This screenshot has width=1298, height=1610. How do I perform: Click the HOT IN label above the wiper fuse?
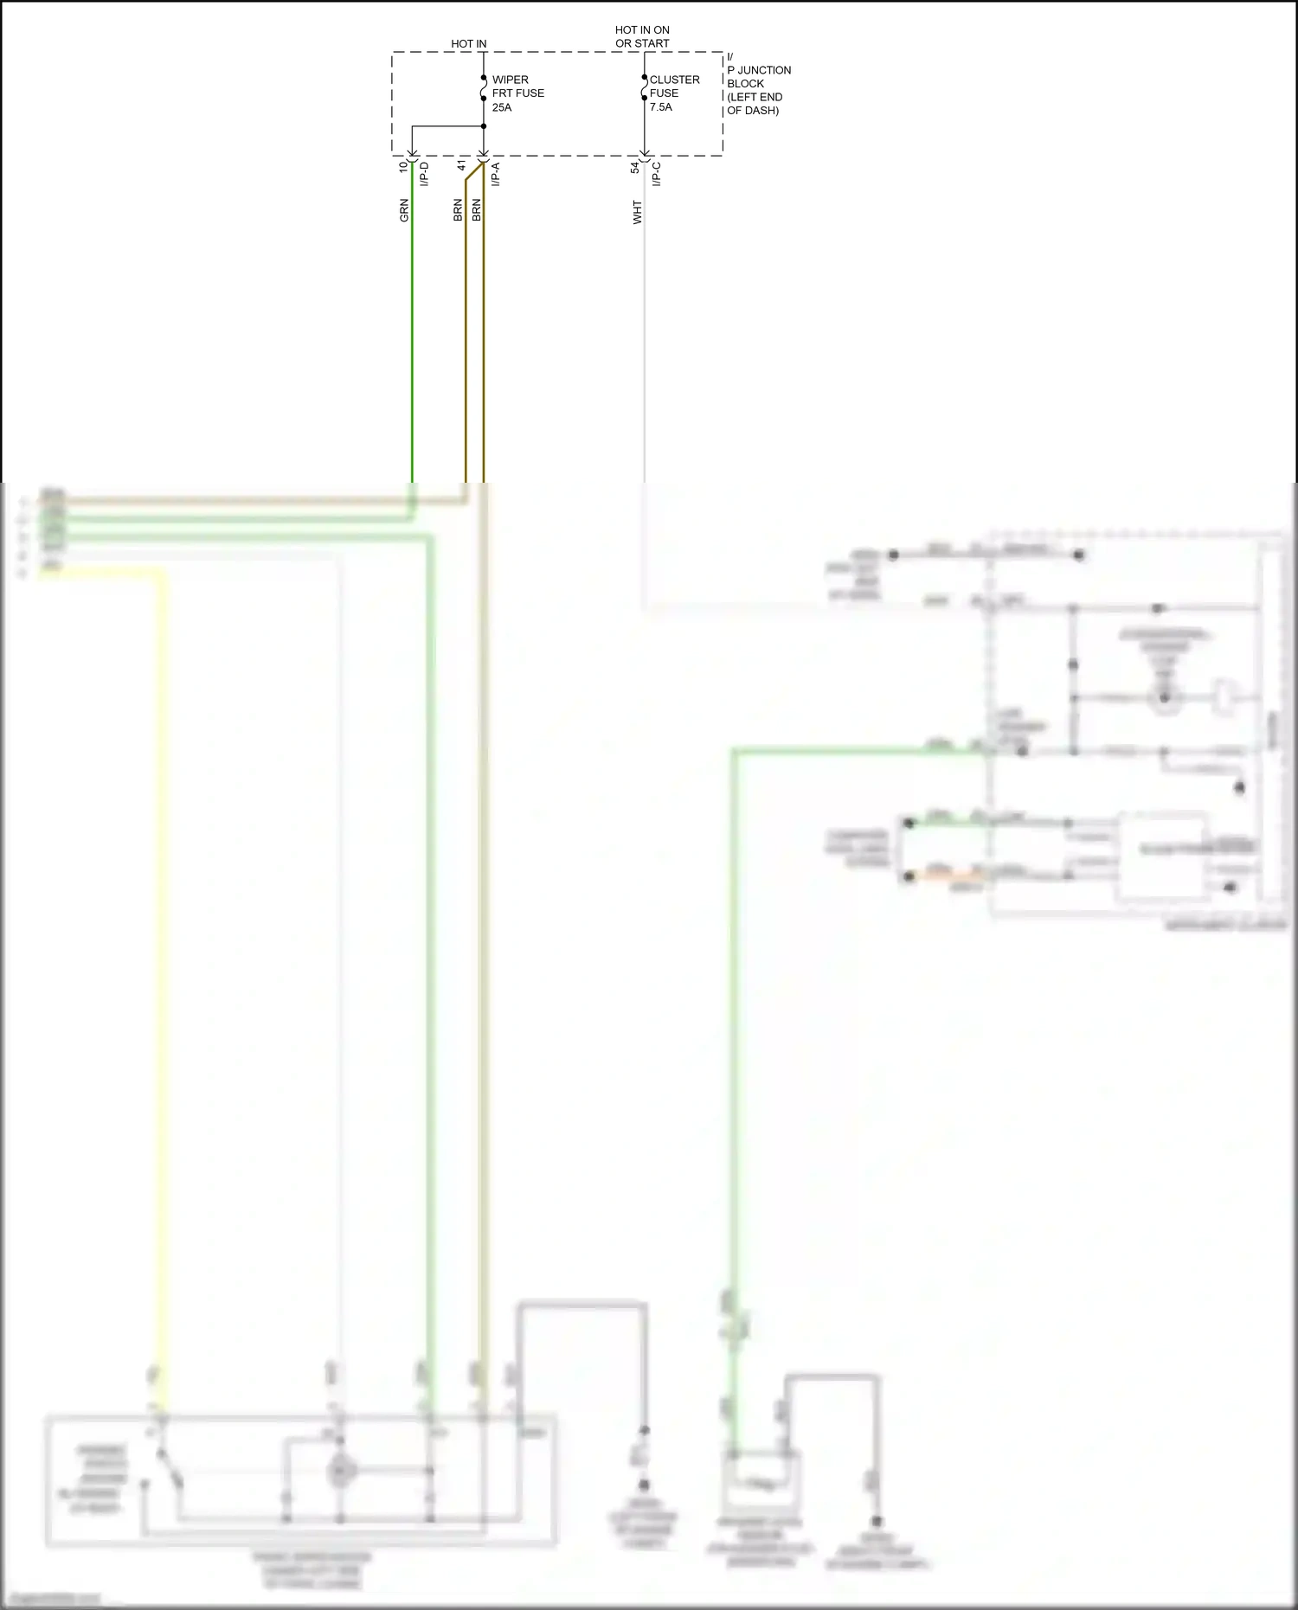(x=468, y=43)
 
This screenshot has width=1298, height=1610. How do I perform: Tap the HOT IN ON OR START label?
(x=642, y=36)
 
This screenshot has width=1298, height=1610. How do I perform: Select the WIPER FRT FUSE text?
(x=517, y=87)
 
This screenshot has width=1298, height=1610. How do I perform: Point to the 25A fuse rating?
(x=502, y=107)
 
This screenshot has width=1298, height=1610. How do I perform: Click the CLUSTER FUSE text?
(x=674, y=87)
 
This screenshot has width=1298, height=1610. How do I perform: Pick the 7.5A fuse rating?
(x=661, y=107)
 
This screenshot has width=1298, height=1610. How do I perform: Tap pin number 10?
(x=403, y=167)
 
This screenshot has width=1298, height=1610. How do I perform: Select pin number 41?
(x=462, y=166)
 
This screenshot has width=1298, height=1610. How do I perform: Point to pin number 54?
(x=635, y=167)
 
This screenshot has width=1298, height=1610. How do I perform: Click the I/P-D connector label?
(x=424, y=174)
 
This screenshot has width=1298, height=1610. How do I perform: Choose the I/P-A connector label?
(x=496, y=174)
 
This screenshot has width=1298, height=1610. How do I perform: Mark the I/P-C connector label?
(x=657, y=174)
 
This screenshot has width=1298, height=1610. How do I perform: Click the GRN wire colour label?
(x=404, y=210)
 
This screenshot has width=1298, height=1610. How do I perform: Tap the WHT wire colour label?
(x=638, y=213)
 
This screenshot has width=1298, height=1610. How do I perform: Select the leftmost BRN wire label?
(x=458, y=210)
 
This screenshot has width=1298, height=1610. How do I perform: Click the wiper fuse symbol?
(x=484, y=87)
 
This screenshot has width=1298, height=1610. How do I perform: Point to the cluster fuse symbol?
(x=645, y=87)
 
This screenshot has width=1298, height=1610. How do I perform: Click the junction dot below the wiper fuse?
(x=484, y=126)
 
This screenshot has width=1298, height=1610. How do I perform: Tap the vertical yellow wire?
(x=162, y=952)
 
